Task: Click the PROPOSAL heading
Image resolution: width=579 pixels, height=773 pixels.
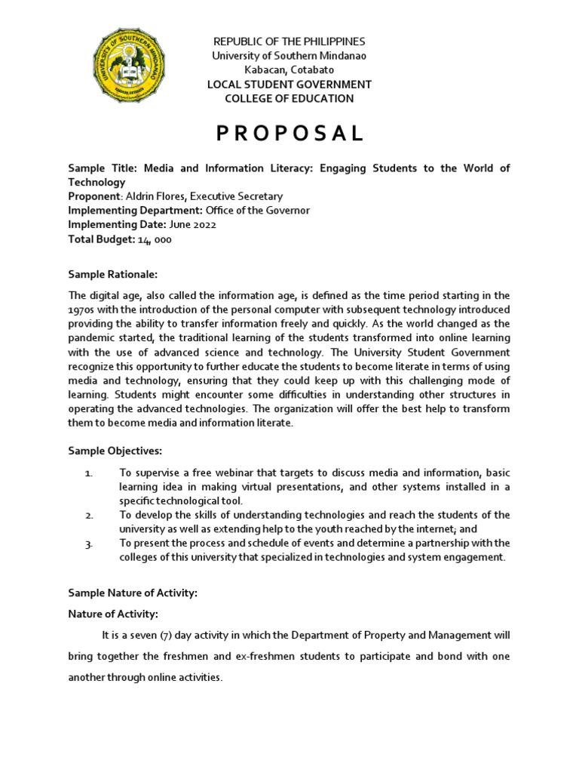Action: pos(289,134)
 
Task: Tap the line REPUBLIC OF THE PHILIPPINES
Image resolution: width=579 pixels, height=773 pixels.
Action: pos(289,41)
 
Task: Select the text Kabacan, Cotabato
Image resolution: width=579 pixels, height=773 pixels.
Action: pos(289,69)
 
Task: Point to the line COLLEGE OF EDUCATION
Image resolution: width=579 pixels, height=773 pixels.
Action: pos(289,98)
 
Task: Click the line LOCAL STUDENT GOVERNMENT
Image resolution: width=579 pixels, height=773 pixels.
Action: pos(289,84)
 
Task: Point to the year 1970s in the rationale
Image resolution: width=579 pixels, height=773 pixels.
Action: pos(81,311)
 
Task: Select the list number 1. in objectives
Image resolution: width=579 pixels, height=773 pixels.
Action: pos(88,473)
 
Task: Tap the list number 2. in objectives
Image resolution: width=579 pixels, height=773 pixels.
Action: pos(88,515)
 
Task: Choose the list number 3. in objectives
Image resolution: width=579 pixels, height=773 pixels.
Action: pos(88,544)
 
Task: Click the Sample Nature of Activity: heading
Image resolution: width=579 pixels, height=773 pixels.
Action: pos(133,593)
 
